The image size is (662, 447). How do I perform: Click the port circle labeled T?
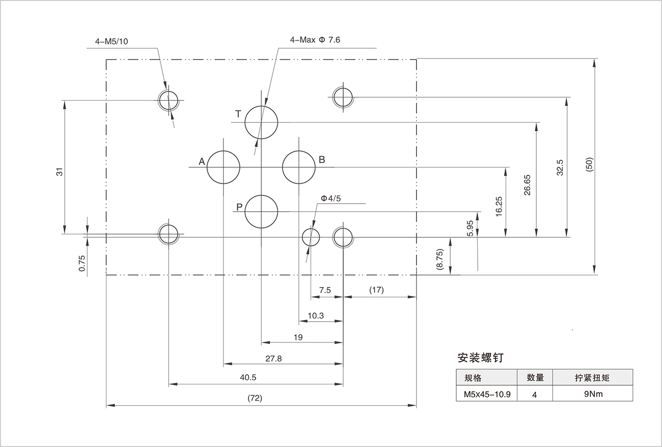(261, 123)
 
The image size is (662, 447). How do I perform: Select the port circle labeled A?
(223, 167)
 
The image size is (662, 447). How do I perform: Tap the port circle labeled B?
(299, 167)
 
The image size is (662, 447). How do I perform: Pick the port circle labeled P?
(261, 212)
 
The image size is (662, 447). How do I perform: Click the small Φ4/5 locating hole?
(311, 237)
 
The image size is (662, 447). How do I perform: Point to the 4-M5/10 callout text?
(112, 41)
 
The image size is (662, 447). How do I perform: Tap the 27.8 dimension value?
(273, 358)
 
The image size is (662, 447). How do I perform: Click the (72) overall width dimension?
(254, 398)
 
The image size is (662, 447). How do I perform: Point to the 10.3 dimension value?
(316, 316)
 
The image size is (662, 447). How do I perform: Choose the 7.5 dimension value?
(325, 290)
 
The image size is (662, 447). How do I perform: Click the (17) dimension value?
(376, 290)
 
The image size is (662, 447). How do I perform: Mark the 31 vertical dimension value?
(60, 172)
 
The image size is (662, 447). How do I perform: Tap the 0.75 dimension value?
(82, 263)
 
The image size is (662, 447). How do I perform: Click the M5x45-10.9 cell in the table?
(487, 394)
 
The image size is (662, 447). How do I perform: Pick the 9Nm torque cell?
(592, 394)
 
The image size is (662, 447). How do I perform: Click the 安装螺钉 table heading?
(480, 357)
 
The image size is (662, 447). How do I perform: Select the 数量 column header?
(535, 378)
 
